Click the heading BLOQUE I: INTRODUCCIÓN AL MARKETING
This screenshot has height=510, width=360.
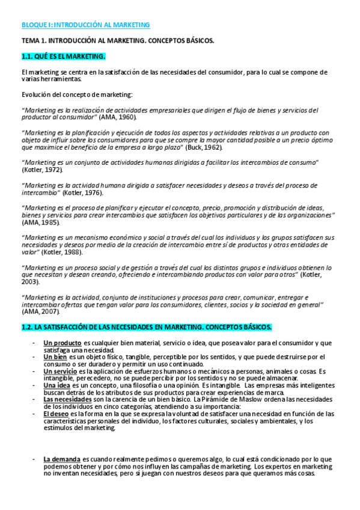click(85, 25)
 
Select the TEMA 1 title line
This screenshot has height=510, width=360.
click(118, 40)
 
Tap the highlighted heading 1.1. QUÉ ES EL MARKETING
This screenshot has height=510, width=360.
click(63, 57)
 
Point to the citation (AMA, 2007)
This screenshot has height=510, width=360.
click(40, 312)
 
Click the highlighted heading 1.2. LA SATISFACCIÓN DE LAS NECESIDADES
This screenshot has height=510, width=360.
click(146, 327)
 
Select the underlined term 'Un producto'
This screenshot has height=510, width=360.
click(63, 343)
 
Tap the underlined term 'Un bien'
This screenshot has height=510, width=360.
click(55, 357)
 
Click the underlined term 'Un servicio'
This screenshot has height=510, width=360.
click(60, 371)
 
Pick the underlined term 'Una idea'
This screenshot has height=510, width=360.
click(56, 385)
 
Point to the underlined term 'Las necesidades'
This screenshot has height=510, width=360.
click(67, 399)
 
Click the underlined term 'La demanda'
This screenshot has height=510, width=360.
click(61, 459)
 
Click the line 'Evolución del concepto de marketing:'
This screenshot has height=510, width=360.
click(78, 94)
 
